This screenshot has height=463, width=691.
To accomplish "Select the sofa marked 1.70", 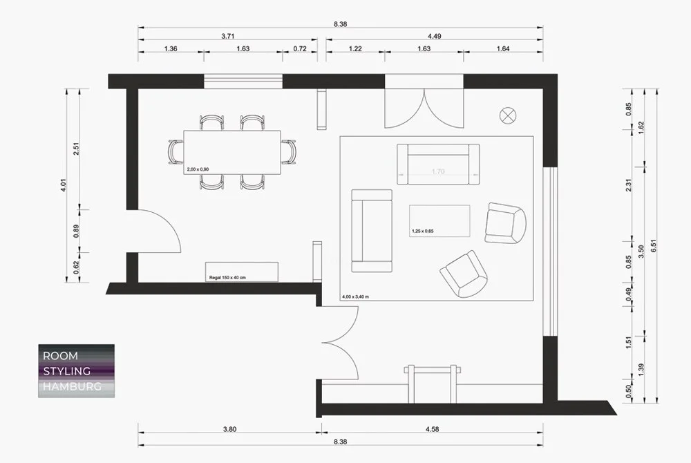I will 437,164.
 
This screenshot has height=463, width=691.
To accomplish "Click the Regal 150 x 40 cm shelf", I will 241,272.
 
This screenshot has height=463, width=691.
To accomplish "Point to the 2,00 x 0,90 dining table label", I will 199,169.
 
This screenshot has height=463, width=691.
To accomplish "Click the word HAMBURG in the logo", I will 72,386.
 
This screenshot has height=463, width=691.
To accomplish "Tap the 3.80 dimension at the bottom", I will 230,429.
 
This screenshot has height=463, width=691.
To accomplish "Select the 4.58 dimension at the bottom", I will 433,429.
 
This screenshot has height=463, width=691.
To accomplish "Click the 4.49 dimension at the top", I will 435,35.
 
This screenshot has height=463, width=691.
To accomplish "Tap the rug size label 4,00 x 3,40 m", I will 355,296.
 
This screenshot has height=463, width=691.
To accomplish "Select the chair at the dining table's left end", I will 176,151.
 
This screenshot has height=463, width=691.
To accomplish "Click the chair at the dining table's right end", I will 289,151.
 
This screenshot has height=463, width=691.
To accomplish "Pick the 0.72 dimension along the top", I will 299,49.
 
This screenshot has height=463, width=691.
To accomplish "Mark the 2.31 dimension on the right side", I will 628,203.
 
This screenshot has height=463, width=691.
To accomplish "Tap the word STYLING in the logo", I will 67,371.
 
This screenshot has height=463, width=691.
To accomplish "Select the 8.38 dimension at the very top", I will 339,24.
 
